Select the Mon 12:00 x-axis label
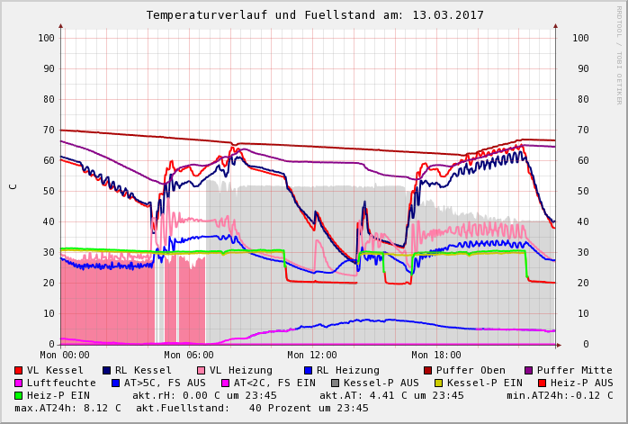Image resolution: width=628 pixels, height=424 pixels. tap(311, 355)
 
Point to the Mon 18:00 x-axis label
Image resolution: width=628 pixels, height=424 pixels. tap(436, 355)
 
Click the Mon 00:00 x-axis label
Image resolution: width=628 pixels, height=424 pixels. tap(65, 355)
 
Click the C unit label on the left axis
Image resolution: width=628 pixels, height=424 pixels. tap(13, 186)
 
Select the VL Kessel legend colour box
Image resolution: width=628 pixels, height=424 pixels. tap(19, 370)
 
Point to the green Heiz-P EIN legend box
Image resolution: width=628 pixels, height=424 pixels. tap(19, 395)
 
